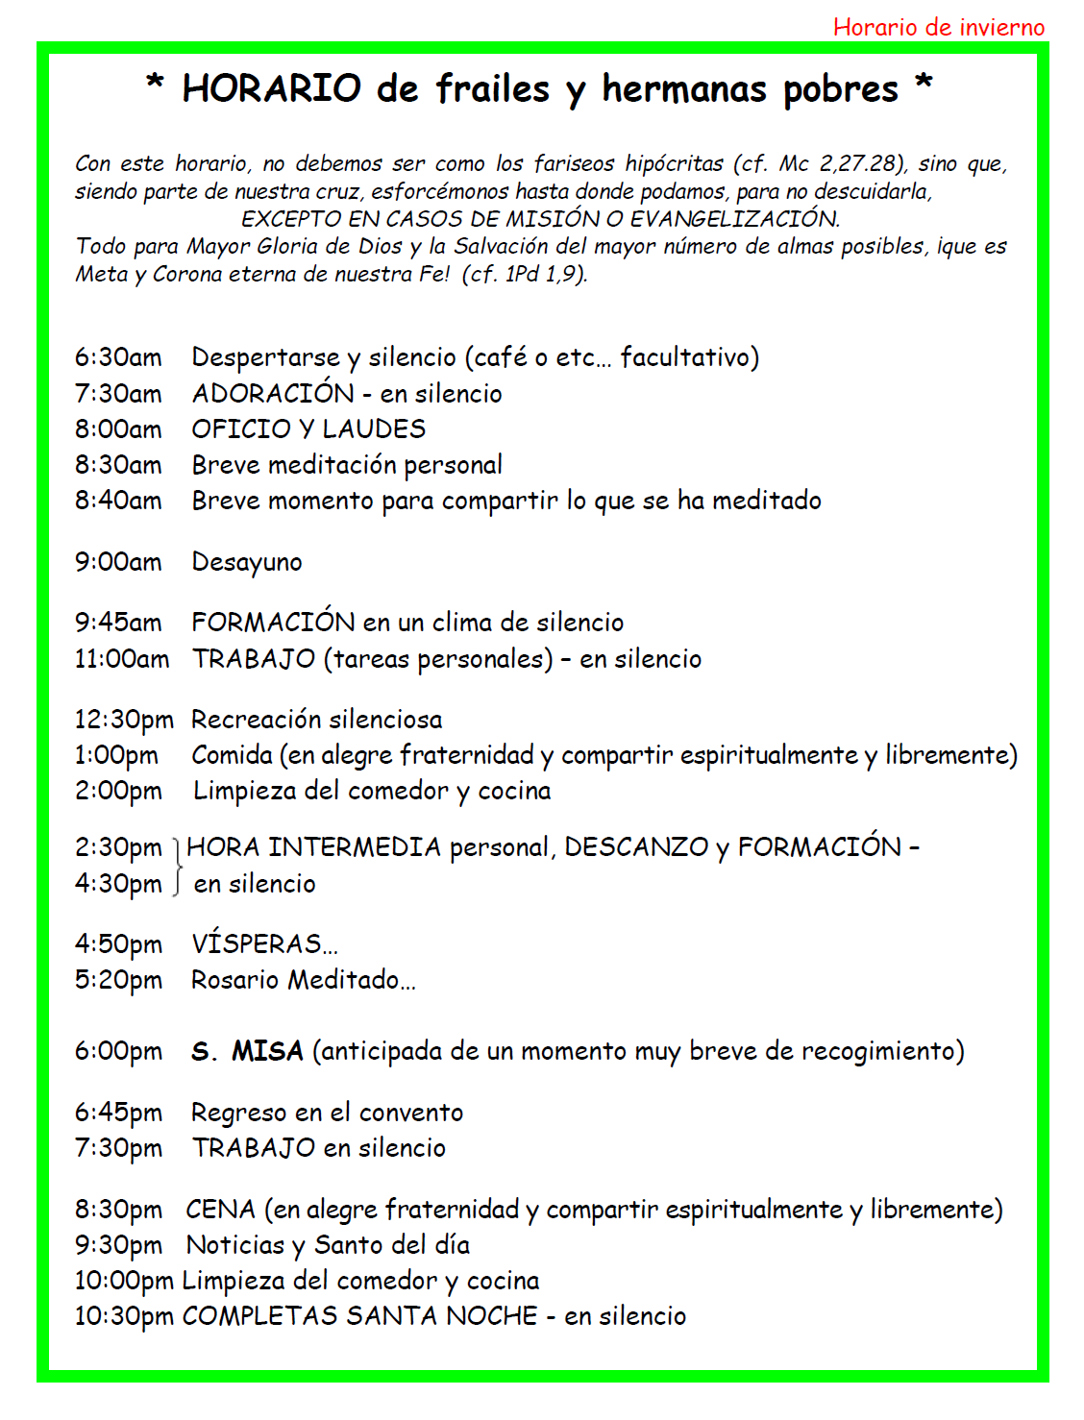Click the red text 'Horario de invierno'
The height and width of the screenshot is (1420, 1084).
click(x=938, y=27)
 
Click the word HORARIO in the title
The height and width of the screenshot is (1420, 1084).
click(x=271, y=88)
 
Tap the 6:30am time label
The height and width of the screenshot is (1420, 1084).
click(x=118, y=357)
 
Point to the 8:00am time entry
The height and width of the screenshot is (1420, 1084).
click(x=118, y=428)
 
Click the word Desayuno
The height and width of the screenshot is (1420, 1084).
click(x=247, y=562)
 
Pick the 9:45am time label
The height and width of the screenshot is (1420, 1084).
click(x=118, y=623)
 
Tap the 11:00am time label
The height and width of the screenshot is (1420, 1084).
click(x=122, y=659)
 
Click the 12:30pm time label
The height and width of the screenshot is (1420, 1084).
click(x=124, y=720)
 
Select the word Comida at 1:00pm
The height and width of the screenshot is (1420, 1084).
click(x=233, y=755)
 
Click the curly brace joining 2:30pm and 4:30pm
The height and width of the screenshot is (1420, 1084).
click(x=178, y=866)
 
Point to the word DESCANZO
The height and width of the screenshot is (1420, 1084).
click(x=636, y=847)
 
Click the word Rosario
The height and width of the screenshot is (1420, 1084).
click(x=235, y=980)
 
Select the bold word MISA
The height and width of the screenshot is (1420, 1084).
click(x=267, y=1051)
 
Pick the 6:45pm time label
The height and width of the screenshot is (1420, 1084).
click(x=118, y=1113)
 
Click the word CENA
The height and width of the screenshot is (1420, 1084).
click(x=221, y=1210)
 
